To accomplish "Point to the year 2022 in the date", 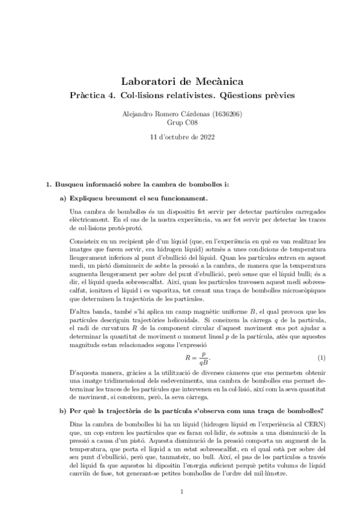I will click(x=206, y=137).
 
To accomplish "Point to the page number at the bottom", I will click(x=180, y=492).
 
